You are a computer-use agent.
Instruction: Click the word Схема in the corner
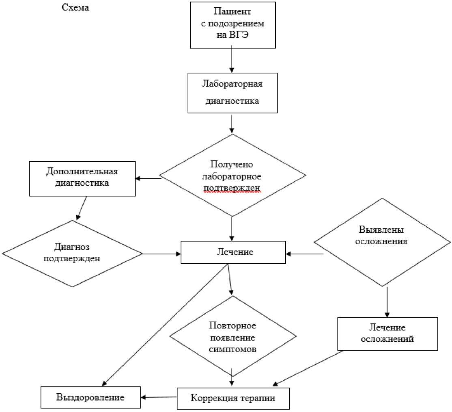tap(75, 7)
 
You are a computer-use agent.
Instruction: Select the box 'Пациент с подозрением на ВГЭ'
tap(233, 25)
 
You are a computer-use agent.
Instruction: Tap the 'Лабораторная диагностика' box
tap(232, 93)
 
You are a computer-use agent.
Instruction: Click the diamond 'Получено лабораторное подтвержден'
tap(232, 175)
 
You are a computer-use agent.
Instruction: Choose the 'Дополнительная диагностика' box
tap(82, 179)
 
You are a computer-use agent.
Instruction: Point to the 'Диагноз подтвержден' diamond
tap(72, 254)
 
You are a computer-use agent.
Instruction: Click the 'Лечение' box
tap(233, 252)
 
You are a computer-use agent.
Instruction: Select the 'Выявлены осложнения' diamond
tap(382, 242)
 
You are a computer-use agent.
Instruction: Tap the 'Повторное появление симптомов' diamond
tap(232, 336)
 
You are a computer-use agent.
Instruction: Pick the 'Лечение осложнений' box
tap(388, 334)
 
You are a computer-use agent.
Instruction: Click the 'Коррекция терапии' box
tap(233, 399)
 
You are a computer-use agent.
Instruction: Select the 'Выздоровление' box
tap(90, 397)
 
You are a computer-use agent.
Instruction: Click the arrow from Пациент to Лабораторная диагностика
tap(232, 61)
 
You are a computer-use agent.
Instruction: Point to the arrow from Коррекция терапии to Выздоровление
tap(159, 397)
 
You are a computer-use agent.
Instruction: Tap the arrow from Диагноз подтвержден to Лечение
tap(161, 254)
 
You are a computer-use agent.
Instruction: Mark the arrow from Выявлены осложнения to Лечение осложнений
tap(387, 302)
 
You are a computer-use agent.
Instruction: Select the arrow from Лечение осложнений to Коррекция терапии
tap(308, 368)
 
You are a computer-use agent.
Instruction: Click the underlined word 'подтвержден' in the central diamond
tap(232, 188)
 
